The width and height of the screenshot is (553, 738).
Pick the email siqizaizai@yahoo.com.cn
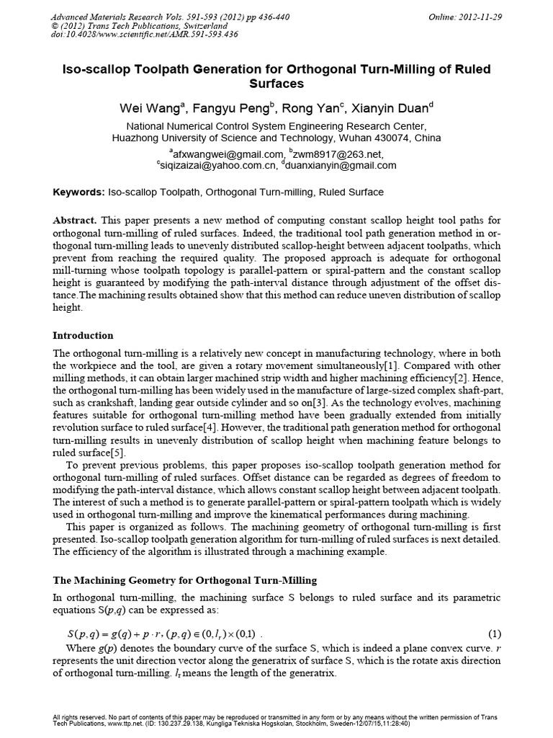(217, 165)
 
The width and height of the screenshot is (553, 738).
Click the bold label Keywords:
(79, 192)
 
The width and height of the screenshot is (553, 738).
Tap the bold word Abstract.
(76, 219)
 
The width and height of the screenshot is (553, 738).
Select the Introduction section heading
(84, 335)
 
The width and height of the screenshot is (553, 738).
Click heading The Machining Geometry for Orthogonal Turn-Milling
(185, 580)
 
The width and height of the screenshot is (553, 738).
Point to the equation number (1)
(494, 634)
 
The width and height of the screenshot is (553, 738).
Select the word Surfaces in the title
(276, 84)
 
